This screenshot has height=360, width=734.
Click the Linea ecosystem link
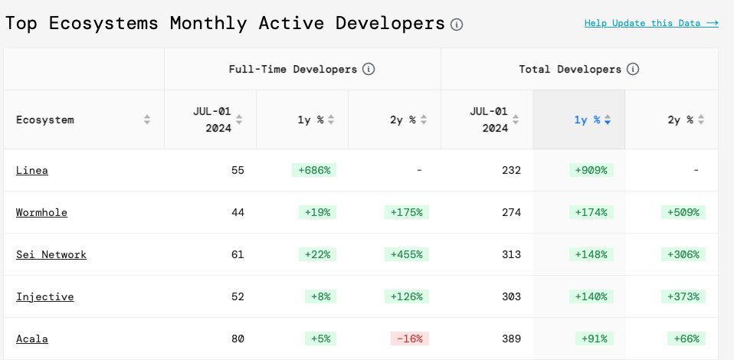32,170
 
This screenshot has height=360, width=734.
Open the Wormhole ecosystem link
41,212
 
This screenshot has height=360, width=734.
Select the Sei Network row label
51,254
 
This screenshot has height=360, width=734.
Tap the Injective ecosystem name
44,296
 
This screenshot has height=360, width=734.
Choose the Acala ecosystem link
32,339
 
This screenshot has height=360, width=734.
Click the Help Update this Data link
650,23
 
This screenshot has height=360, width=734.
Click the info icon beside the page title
457,25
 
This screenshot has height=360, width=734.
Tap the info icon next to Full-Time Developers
369,69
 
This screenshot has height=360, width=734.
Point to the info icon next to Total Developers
633,69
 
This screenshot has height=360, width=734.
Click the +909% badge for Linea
591,170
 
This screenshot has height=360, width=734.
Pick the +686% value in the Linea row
314,170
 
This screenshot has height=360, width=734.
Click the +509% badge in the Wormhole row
683,212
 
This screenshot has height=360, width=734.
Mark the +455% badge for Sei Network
407,254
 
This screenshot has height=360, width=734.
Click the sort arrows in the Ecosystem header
147,119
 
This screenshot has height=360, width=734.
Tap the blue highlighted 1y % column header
591,119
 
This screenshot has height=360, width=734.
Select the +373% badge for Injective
683,296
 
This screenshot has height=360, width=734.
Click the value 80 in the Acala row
238,339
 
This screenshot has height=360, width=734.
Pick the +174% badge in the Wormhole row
591,212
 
